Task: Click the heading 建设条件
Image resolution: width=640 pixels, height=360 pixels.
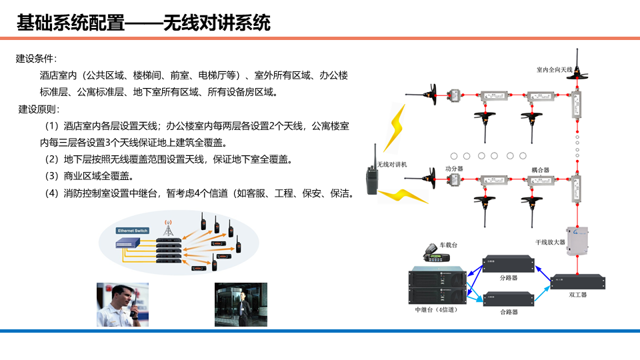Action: (36, 59)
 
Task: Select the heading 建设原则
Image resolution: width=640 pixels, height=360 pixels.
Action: (39, 109)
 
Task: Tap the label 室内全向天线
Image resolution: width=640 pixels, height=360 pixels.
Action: (555, 69)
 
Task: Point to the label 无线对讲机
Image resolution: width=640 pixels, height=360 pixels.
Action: (392, 164)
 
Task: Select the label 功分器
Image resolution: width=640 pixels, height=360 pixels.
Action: (454, 170)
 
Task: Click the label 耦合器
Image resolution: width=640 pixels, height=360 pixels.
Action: (540, 170)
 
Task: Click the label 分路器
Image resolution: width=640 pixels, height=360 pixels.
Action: (509, 277)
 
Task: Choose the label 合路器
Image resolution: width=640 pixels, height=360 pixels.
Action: (509, 312)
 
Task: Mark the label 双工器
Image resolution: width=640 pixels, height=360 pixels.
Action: (577, 294)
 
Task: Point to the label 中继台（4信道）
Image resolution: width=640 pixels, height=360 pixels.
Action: (437, 310)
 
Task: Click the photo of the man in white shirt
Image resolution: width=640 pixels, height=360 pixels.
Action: (123, 305)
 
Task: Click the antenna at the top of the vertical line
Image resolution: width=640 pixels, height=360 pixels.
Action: (577, 65)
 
